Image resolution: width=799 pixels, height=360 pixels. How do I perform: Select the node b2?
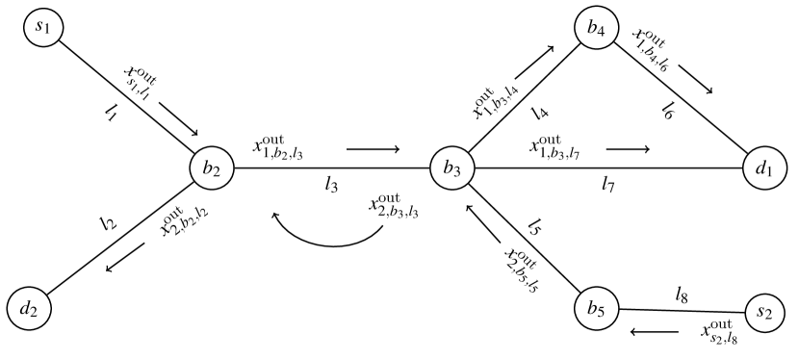click(x=211, y=168)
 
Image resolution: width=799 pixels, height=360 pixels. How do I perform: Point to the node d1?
click(x=765, y=168)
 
